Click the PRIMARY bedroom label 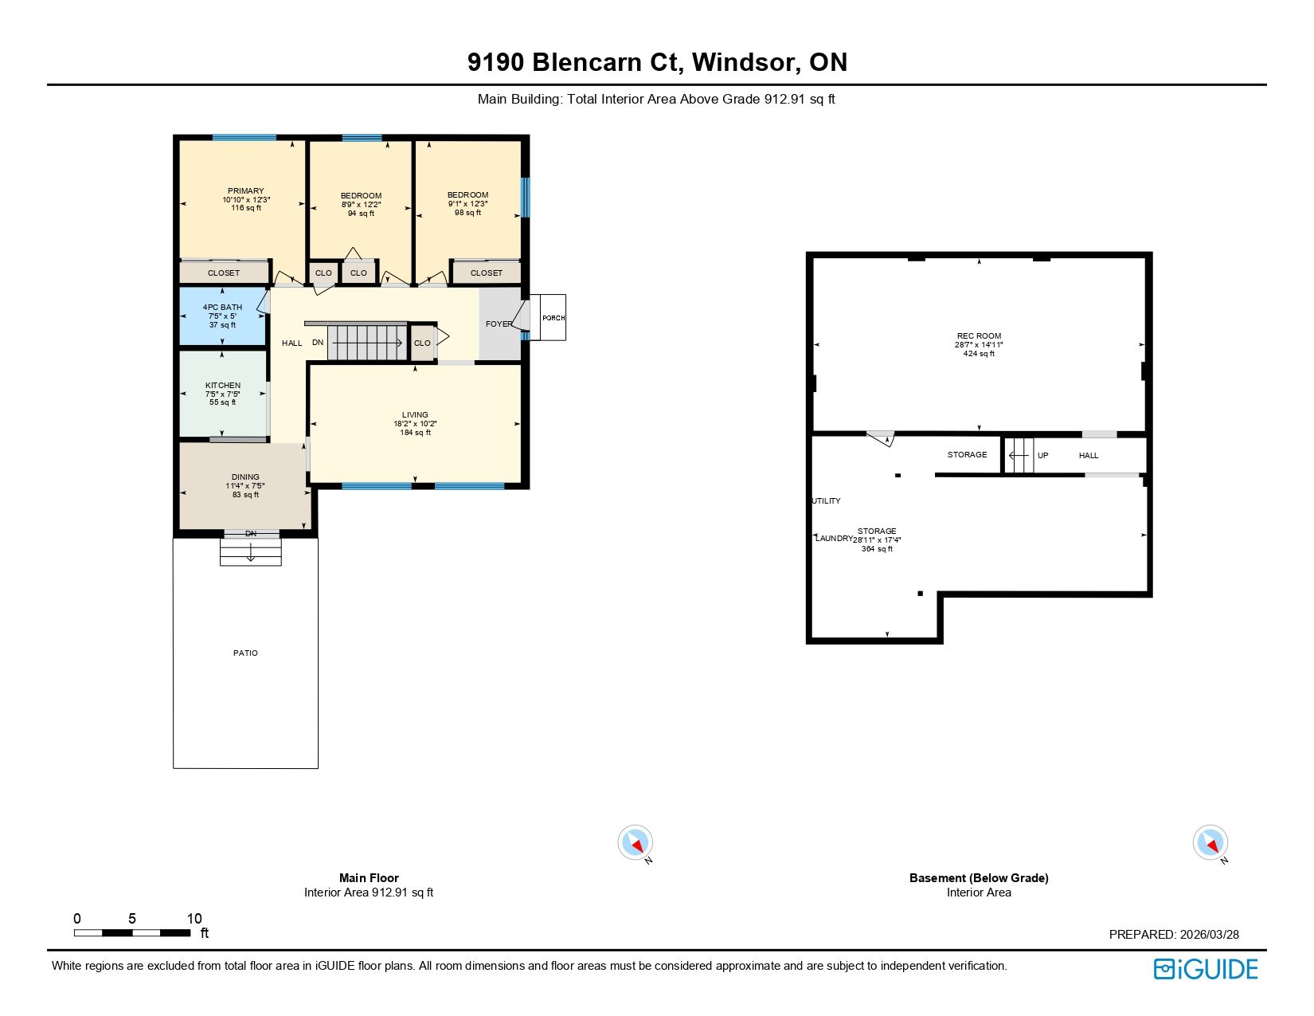[x=245, y=190]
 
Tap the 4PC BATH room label [x=222, y=308]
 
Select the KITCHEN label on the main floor [x=222, y=386]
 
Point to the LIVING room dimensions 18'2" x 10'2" [x=415, y=424]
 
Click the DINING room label [x=245, y=477]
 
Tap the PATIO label [x=245, y=653]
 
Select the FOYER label [x=499, y=324]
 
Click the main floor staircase [x=367, y=343]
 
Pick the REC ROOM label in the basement [x=979, y=335]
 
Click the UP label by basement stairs [x=1043, y=456]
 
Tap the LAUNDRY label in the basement [x=834, y=539]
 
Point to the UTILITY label [x=826, y=501]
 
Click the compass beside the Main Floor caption [x=635, y=842]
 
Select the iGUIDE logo [x=1205, y=970]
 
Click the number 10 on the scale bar [x=194, y=919]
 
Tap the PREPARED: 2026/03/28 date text [x=1174, y=934]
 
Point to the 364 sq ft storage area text [x=877, y=549]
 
